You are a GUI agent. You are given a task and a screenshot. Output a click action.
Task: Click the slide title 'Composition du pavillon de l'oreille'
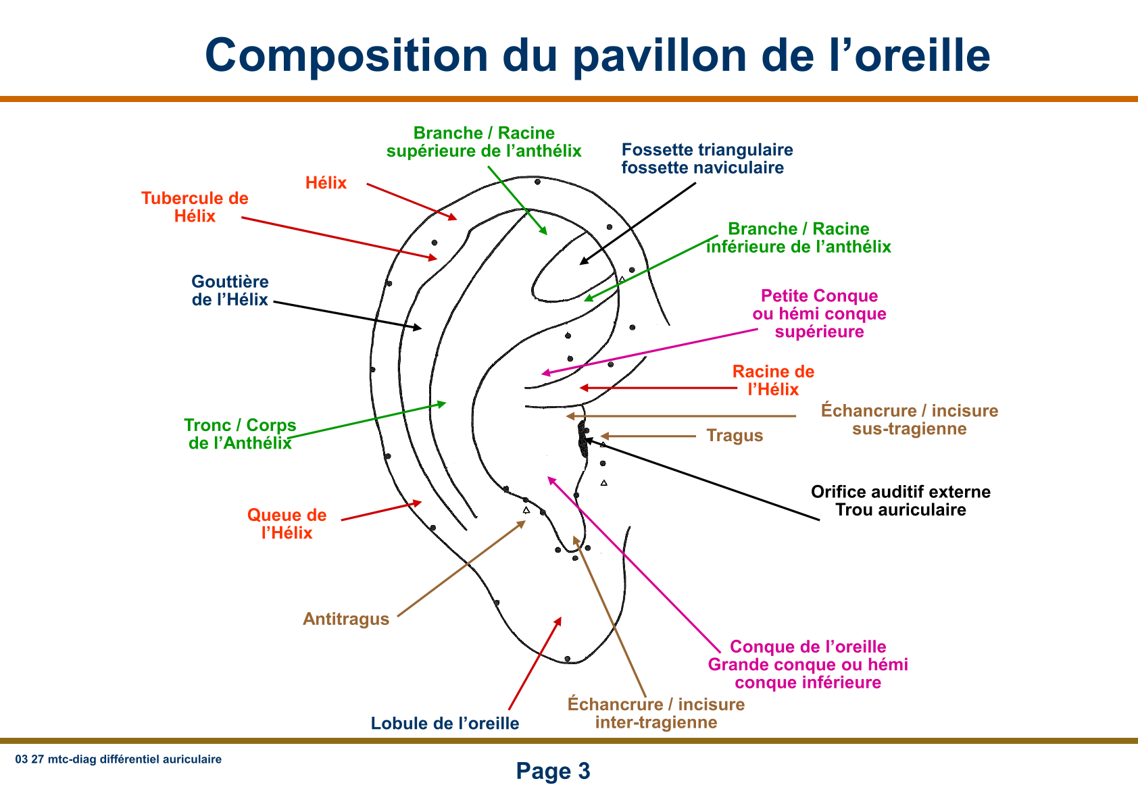(597, 55)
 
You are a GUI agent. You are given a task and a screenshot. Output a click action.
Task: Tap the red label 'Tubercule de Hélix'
(195, 207)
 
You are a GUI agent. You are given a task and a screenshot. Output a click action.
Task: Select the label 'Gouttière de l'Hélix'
(230, 291)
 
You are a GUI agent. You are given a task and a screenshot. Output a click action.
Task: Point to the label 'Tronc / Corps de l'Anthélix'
(240, 434)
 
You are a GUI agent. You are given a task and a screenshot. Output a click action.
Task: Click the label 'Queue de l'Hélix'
(287, 524)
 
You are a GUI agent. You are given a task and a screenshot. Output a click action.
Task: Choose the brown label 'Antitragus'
(346, 619)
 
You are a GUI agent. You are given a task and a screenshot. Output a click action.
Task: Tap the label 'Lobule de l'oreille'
(445, 724)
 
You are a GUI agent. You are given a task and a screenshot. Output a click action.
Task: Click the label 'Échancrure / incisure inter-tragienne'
(655, 713)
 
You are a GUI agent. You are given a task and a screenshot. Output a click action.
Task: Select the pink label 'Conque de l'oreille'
(808, 647)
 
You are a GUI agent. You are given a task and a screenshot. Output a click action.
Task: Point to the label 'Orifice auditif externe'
(900, 492)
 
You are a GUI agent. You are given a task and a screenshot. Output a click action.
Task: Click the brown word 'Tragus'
(735, 436)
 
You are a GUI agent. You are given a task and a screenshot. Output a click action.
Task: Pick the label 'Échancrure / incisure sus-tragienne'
(909, 420)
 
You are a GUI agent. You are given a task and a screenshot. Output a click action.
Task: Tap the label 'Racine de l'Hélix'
(773, 380)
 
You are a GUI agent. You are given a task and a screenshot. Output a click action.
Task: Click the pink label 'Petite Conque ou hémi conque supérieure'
(819, 313)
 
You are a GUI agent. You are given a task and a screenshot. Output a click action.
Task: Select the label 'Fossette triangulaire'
(707, 150)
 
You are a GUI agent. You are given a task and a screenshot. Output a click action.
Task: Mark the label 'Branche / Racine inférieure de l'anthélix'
(798, 238)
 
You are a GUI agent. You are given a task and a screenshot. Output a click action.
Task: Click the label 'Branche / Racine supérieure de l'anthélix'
(484, 142)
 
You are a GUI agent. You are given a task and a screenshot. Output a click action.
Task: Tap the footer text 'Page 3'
(553, 771)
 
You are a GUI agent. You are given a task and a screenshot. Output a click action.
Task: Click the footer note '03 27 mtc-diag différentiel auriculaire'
(118, 759)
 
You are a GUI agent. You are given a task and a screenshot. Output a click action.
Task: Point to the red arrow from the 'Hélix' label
(412, 201)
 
